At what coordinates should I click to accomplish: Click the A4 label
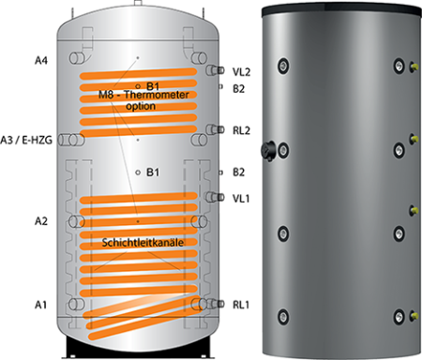click(41, 60)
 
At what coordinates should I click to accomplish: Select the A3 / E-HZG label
click(26, 141)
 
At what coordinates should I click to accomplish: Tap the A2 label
click(41, 221)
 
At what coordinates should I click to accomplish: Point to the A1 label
click(40, 305)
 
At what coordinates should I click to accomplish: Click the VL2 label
click(241, 72)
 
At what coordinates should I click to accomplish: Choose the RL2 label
click(241, 130)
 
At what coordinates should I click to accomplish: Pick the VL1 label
click(241, 199)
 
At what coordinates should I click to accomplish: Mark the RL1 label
click(241, 305)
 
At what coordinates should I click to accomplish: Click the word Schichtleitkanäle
click(143, 243)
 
